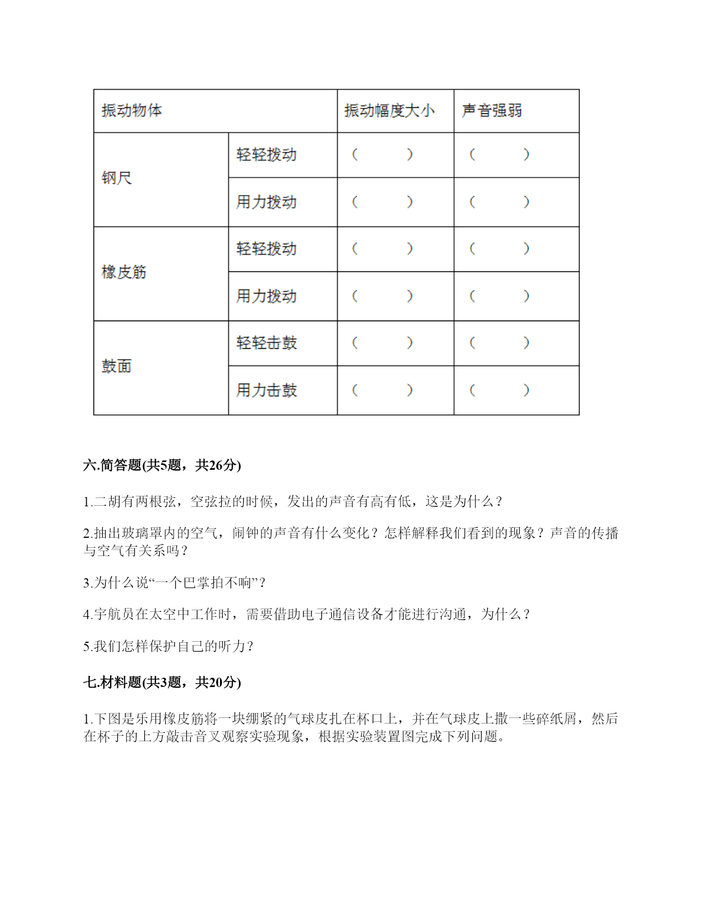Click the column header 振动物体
pyautogui.click(x=132, y=111)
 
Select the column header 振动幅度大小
pyautogui.click(x=389, y=111)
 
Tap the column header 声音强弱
pyautogui.click(x=492, y=111)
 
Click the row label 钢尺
pyautogui.click(x=117, y=178)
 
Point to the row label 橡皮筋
pyautogui.click(x=124, y=272)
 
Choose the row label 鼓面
pyautogui.click(x=117, y=366)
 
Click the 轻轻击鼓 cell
pyautogui.click(x=267, y=343)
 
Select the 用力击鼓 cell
pyautogui.click(x=267, y=390)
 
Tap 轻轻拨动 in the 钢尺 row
pyautogui.click(x=267, y=154)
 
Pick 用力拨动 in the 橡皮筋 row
pyautogui.click(x=267, y=296)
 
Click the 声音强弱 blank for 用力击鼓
pyautogui.click(x=499, y=390)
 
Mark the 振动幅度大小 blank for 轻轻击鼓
pyautogui.click(x=382, y=343)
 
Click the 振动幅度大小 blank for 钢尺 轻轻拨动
pyautogui.click(x=382, y=154)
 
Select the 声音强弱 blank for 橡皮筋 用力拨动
pyautogui.click(x=499, y=296)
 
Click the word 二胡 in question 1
pyautogui.click(x=107, y=502)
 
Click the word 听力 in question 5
pyautogui.click(x=232, y=646)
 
